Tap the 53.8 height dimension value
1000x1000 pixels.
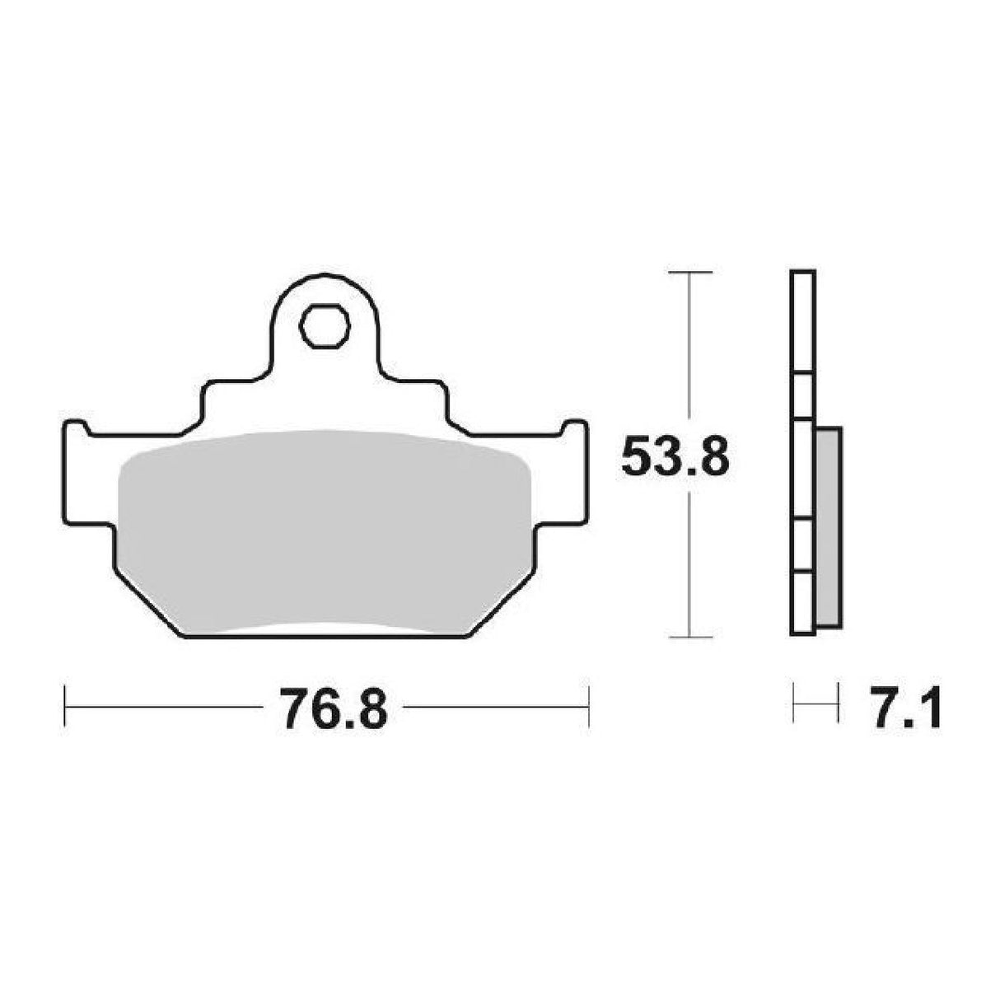point(674,457)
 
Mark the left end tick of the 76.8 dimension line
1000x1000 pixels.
point(64,706)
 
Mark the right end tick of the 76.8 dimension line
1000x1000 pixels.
point(588,706)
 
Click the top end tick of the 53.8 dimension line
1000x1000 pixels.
point(689,272)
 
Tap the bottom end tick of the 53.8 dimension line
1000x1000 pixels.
point(689,636)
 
